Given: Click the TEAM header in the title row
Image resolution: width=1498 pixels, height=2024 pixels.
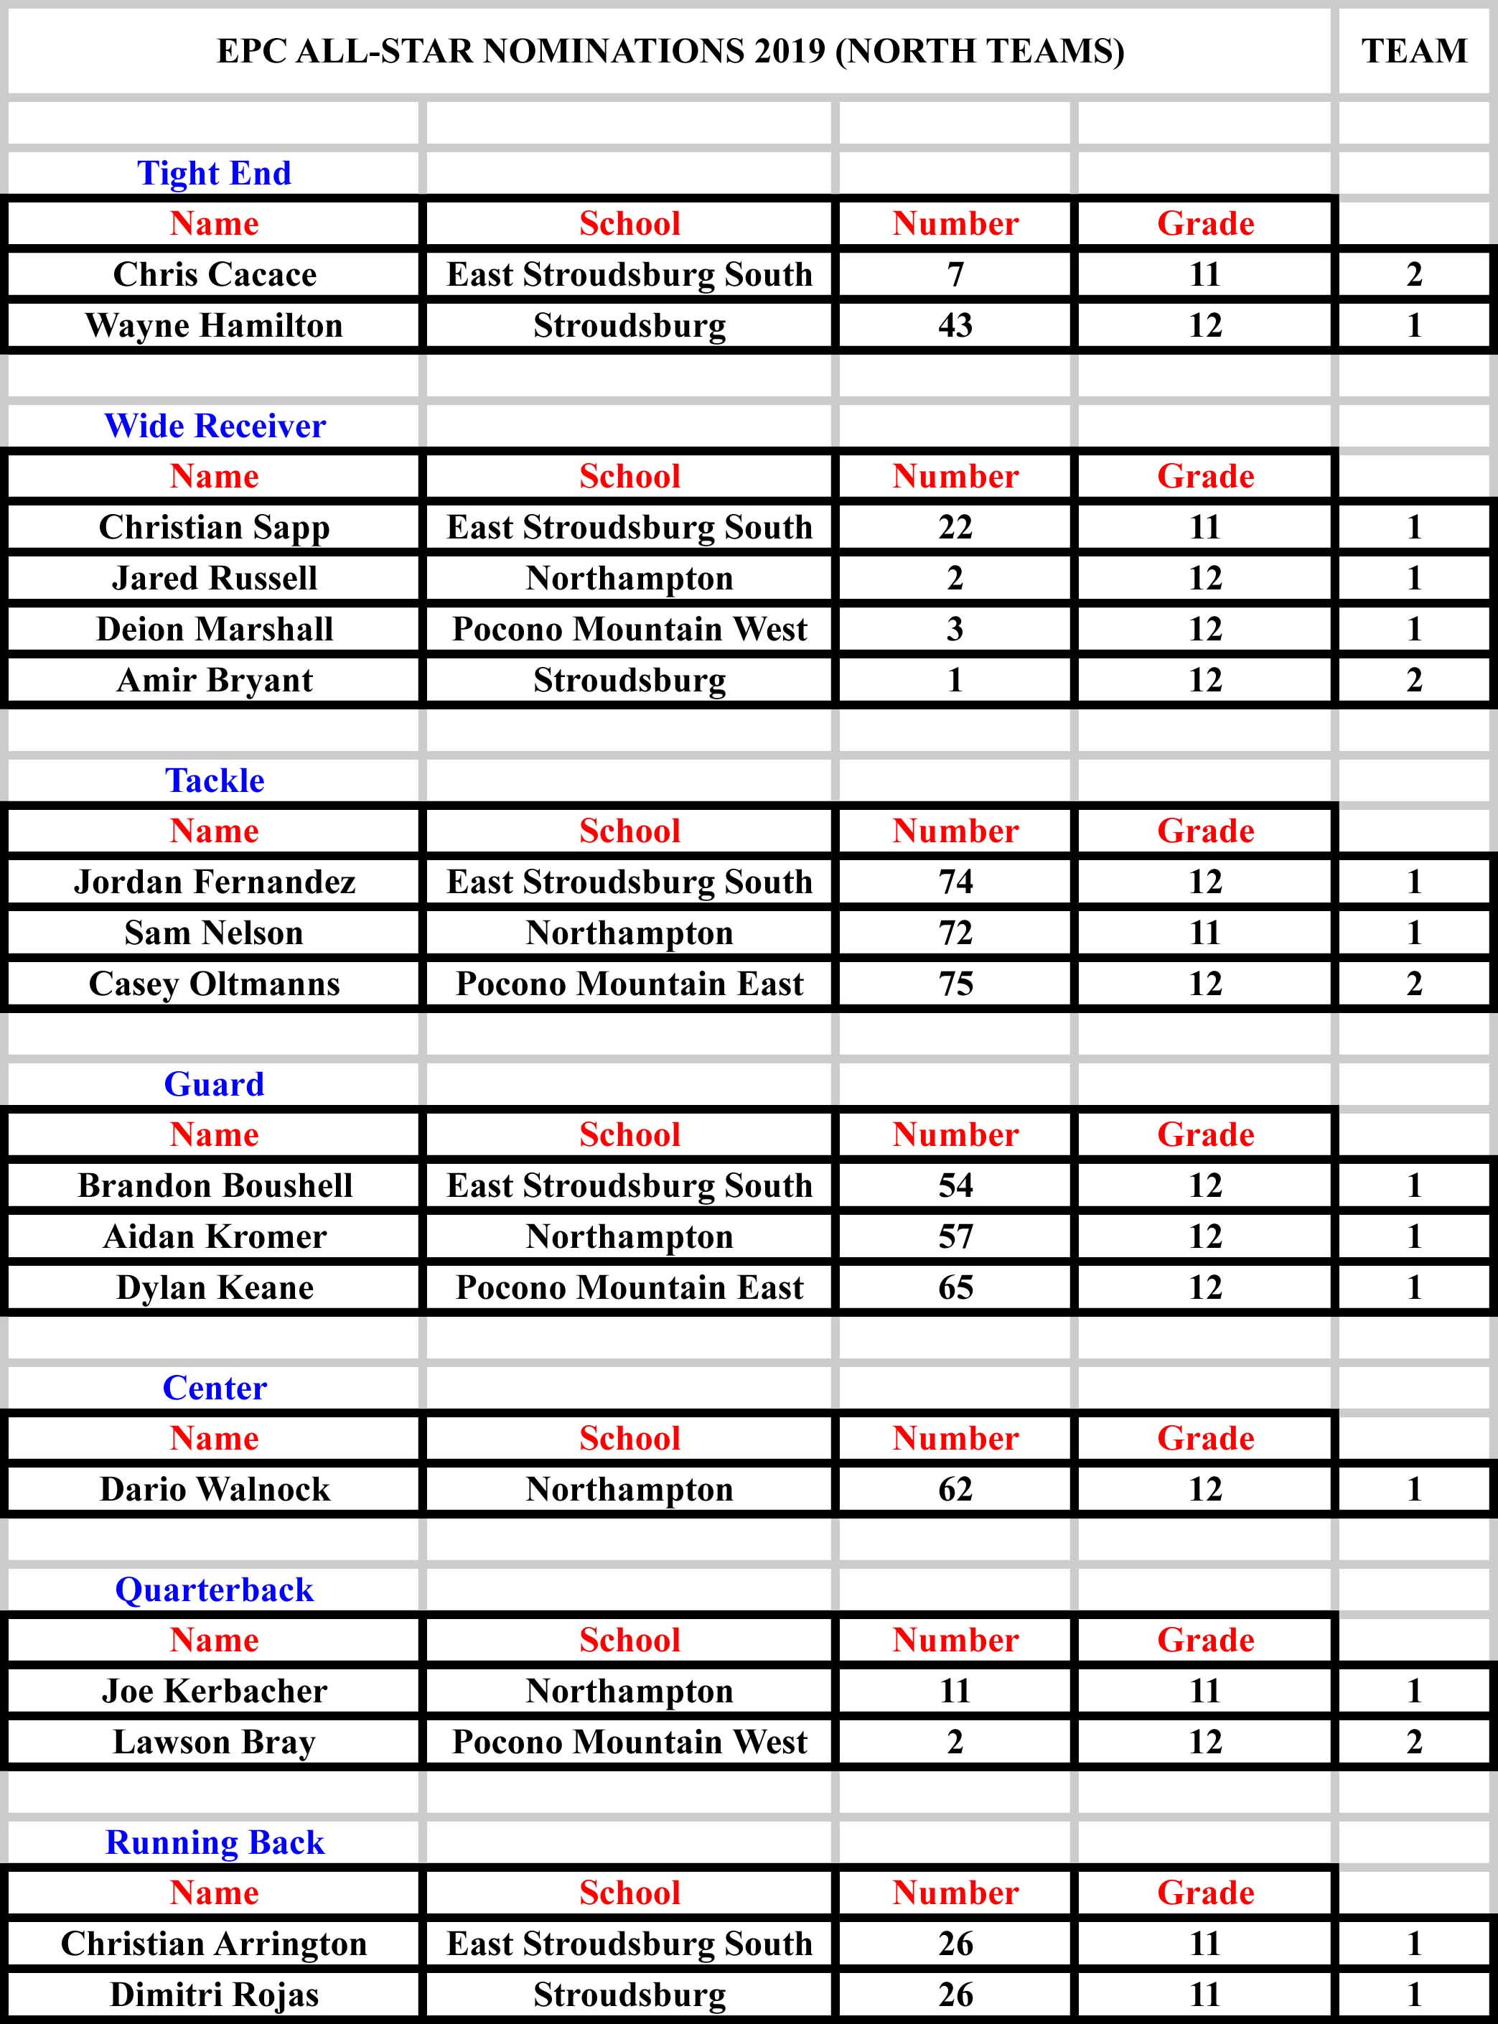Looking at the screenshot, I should pos(1414,51).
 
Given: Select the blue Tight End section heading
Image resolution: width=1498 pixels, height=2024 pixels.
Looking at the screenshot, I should pos(214,172).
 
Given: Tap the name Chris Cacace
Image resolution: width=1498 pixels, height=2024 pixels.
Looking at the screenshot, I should pos(214,274).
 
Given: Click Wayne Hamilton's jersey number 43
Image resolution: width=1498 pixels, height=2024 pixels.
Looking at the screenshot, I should pos(955,325).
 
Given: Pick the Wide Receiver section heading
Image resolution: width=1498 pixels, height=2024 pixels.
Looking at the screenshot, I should pos(214,425).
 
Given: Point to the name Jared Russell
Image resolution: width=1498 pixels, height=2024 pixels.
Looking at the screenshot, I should pos(214,578).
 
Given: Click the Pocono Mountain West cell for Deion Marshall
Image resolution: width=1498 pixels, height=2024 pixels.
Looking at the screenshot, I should pos(629,628).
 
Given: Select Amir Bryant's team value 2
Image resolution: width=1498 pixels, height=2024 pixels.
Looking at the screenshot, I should pos(1414,679).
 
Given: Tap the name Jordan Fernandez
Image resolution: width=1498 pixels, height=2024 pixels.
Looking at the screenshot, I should pos(214,882).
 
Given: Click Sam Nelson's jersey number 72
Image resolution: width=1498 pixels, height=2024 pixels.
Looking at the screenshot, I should pos(955,932).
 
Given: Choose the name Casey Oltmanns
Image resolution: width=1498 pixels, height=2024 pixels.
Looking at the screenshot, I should pos(214,983).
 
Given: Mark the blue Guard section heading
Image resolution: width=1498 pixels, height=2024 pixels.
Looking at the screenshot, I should pos(214,1083).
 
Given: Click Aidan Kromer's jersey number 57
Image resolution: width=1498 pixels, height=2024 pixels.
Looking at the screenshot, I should pos(955,1236).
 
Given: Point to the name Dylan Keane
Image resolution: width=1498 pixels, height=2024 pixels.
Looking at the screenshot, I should pos(214,1287).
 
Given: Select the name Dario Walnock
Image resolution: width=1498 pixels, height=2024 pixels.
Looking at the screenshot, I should pos(214,1489).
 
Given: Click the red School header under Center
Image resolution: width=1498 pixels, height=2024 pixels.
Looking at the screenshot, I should pos(629,1438).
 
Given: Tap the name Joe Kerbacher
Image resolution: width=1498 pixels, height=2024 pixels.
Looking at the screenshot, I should pos(214,1690).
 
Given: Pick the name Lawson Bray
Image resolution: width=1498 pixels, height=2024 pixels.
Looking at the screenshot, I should pos(214,1741).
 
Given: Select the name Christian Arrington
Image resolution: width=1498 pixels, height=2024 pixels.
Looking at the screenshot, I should pos(214,1944).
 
